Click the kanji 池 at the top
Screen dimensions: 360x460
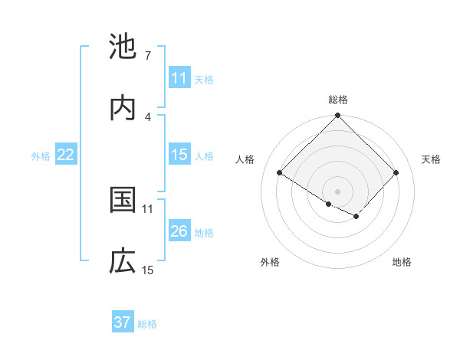pos(123,47)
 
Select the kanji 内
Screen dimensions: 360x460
pos(123,108)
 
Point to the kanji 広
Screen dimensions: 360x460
pos(123,261)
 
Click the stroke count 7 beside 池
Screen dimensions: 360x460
pos(147,56)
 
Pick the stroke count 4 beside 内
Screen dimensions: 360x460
pos(147,117)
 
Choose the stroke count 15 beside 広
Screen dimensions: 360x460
pos(148,270)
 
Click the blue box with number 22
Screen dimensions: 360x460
pos(65,155)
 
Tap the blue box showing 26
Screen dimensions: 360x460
pos(179,231)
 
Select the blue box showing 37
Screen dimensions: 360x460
pos(123,322)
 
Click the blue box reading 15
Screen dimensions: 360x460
pos(179,155)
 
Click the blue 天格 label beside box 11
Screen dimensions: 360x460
pos(204,79)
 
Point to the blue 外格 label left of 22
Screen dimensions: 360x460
pos(41,155)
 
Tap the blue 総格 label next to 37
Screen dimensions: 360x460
pos(147,323)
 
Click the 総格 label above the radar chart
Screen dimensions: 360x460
pos(338,100)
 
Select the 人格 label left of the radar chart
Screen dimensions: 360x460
pos(245,159)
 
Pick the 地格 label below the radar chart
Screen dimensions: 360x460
pos(402,262)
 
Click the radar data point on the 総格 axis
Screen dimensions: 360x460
pos(338,116)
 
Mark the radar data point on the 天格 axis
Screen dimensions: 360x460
pos(396,173)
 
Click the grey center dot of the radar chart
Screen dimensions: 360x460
pos(338,191)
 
